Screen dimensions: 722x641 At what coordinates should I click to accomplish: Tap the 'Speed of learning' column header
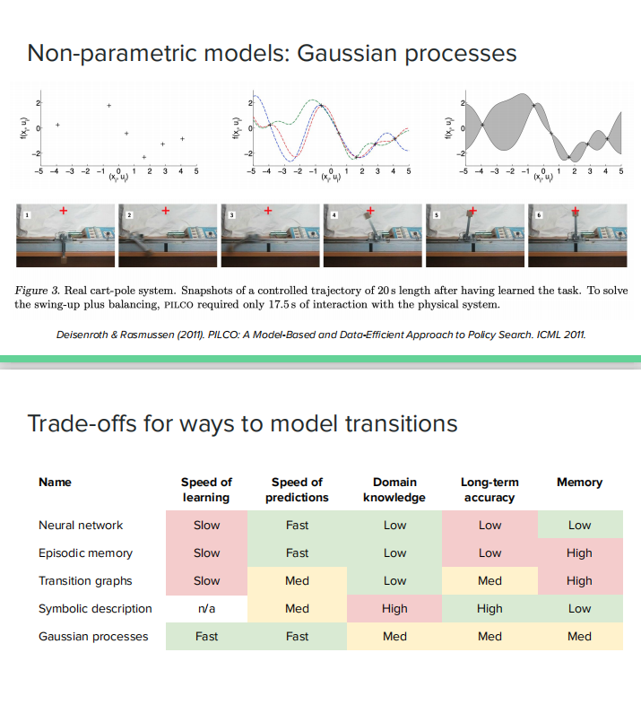(x=206, y=490)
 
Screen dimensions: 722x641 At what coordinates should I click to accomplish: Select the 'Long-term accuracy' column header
(x=489, y=490)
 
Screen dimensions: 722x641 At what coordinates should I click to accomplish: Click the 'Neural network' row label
(x=81, y=525)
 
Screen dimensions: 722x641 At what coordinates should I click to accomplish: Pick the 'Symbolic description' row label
(x=95, y=608)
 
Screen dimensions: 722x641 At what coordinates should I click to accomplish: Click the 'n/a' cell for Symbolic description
(x=206, y=608)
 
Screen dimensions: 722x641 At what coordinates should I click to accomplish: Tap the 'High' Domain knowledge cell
(x=394, y=608)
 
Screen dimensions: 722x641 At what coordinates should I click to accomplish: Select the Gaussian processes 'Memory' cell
(x=579, y=636)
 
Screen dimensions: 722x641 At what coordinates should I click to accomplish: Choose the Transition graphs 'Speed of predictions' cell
(x=297, y=580)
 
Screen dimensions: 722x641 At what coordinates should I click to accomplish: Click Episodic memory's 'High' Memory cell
(x=579, y=552)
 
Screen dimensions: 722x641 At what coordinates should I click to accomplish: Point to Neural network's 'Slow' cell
(x=206, y=525)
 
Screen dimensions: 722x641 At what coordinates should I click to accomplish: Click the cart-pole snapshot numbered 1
(x=65, y=236)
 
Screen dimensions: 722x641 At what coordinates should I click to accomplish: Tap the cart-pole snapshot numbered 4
(x=373, y=236)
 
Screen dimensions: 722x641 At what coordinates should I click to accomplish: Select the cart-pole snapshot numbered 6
(x=577, y=236)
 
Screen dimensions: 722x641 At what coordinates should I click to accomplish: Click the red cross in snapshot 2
(x=165, y=211)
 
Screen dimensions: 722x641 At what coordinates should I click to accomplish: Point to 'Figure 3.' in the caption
(x=39, y=290)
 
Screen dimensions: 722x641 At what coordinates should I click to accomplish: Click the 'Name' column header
(x=55, y=483)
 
